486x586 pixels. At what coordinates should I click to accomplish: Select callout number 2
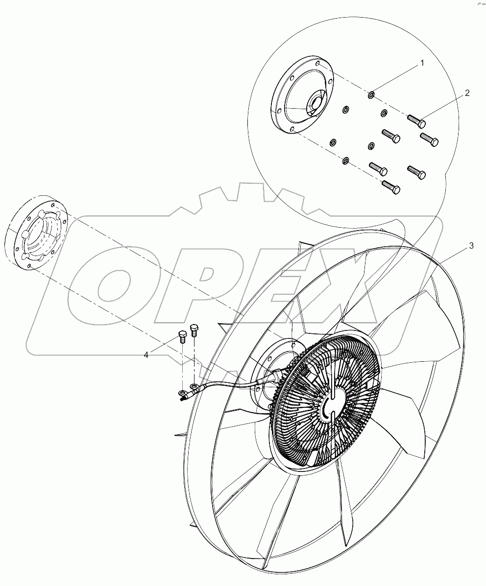coord(467,93)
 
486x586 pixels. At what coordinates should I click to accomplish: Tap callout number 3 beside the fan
coord(471,246)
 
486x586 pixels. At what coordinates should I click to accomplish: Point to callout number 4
coord(146,354)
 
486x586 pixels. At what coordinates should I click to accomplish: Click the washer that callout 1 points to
coord(372,94)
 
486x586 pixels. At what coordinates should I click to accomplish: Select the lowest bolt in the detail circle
coord(391,187)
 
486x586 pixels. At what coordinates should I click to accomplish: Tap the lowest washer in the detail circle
coord(345,161)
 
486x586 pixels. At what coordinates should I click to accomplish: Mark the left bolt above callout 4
coord(182,336)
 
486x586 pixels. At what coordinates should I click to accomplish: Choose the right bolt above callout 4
coord(195,329)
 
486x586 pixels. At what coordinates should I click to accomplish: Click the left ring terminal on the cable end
coord(183,393)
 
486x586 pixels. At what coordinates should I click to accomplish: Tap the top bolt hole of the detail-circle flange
coord(318,64)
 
